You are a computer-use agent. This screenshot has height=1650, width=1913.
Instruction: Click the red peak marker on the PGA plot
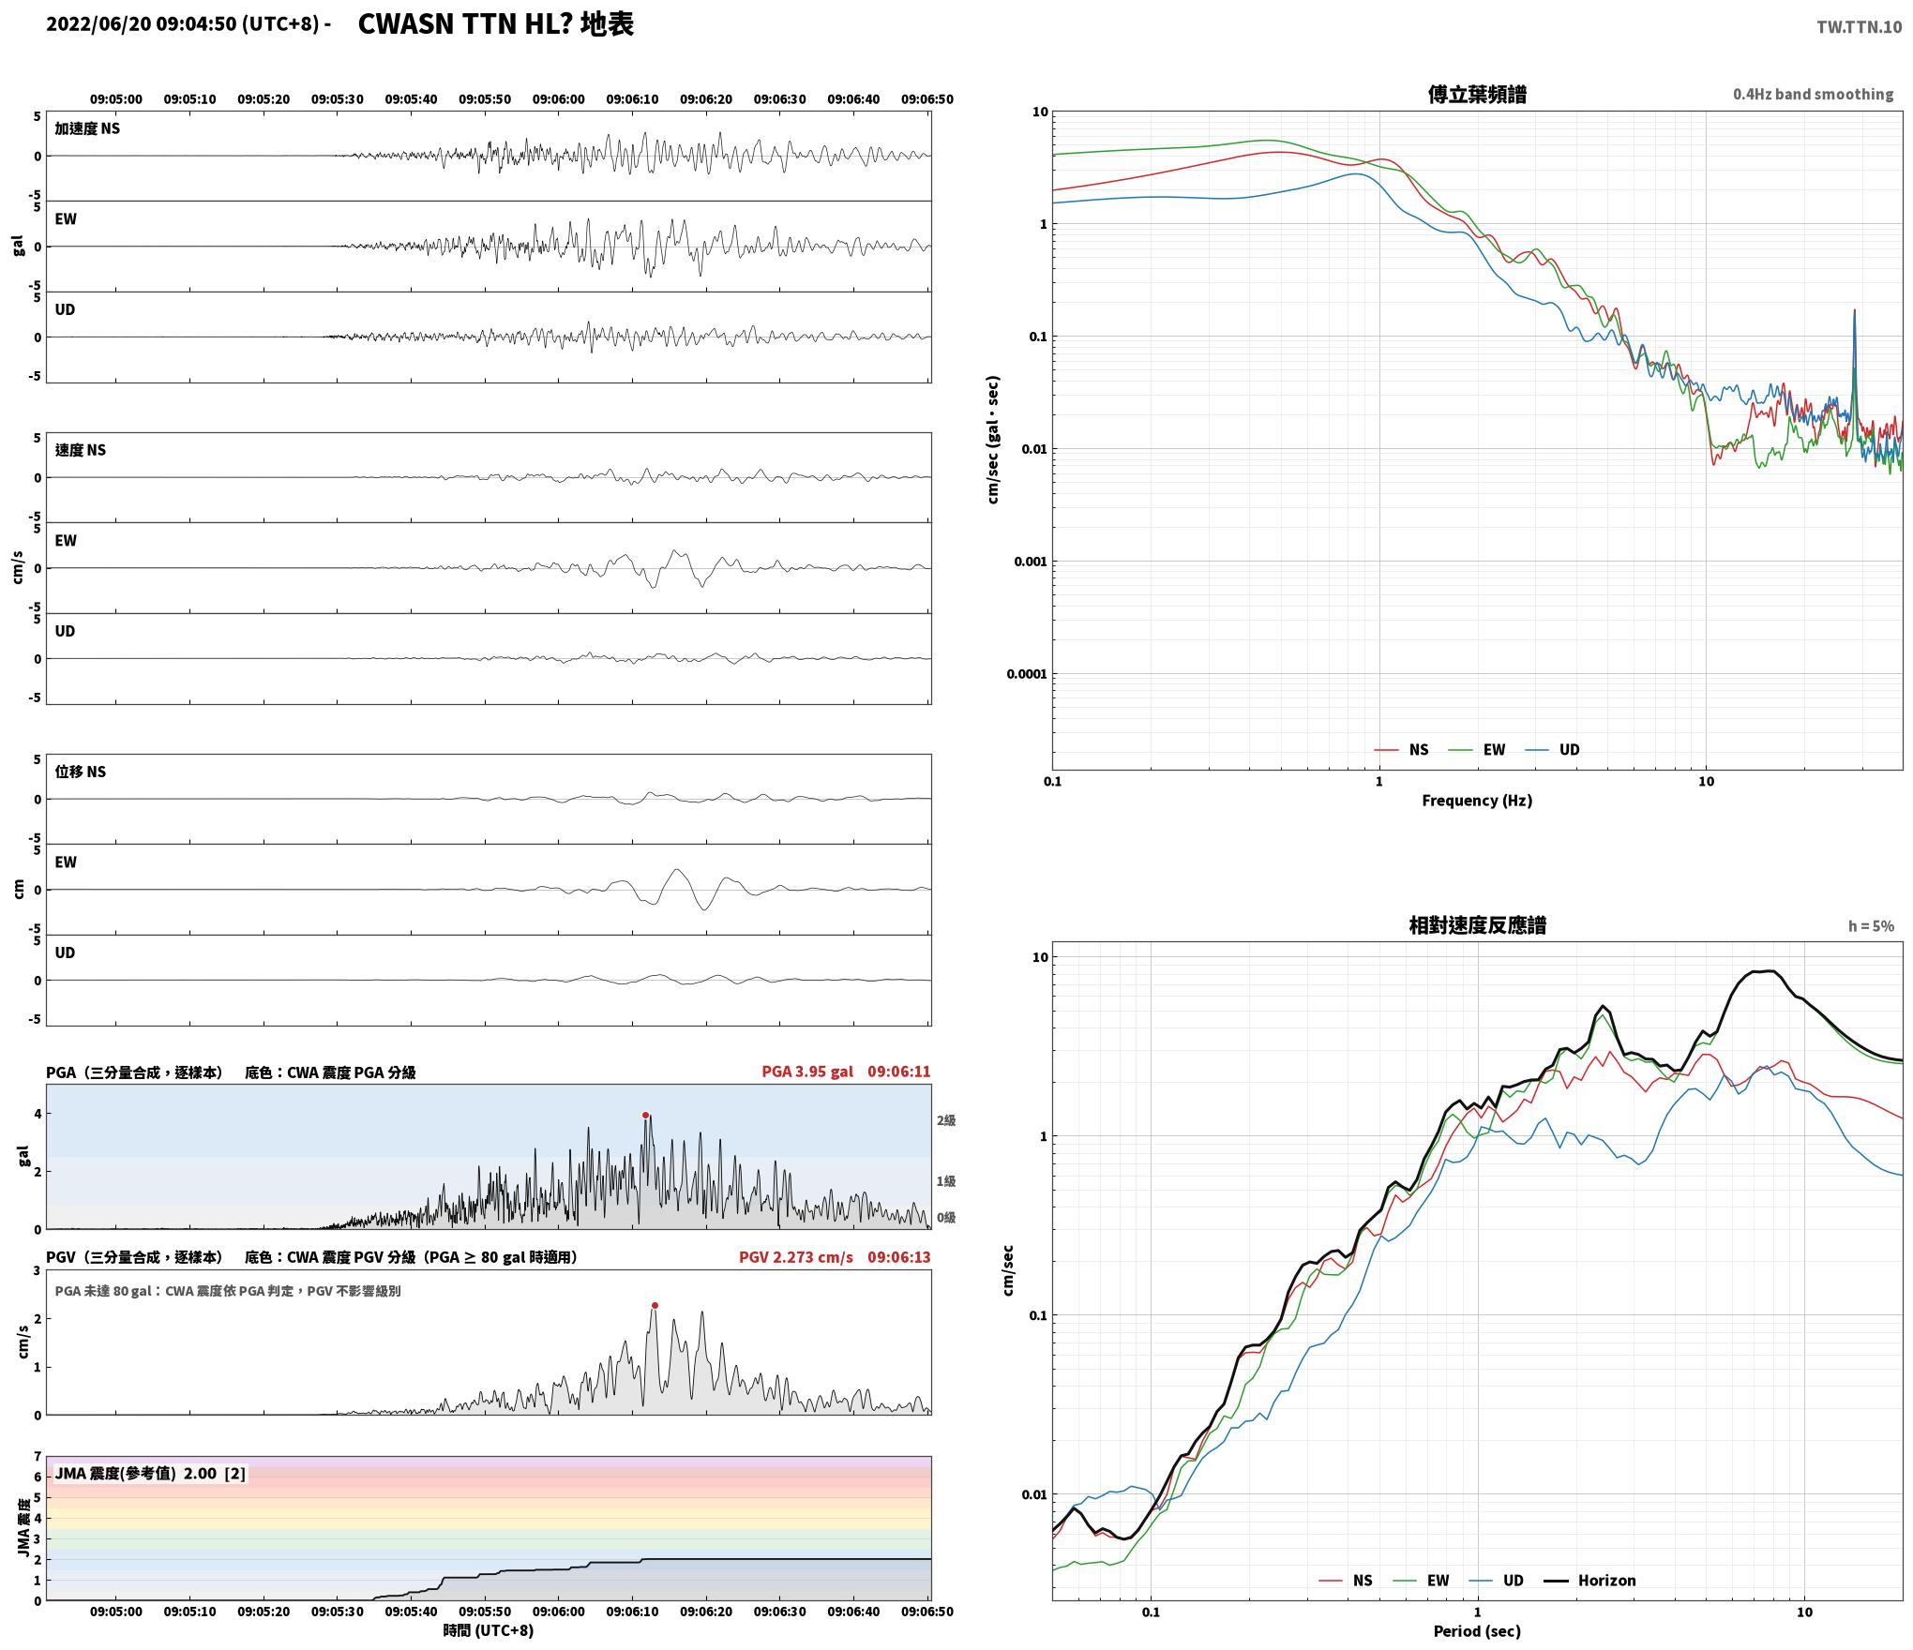645,1115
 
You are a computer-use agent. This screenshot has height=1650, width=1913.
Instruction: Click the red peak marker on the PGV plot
655,1305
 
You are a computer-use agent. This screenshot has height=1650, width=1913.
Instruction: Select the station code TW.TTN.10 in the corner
1860,27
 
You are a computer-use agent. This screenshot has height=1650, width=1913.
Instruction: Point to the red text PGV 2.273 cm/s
796,1257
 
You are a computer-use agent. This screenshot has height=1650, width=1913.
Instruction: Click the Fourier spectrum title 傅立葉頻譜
1477,95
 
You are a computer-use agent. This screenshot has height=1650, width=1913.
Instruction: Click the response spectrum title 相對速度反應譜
1477,925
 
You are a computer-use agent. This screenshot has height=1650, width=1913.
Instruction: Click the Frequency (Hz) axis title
1477,801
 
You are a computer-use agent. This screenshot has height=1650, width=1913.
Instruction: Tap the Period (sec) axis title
1477,1632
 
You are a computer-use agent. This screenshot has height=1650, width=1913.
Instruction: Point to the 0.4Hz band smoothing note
1813,95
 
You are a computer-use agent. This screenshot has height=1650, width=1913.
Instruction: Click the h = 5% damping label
1871,926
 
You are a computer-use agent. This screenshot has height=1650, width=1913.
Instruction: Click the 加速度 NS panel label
87,128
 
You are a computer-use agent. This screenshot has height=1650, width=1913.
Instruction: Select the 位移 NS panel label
81,772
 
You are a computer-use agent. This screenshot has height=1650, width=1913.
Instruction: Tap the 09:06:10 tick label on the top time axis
632,99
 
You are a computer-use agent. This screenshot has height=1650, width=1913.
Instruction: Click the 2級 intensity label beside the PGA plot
946,1120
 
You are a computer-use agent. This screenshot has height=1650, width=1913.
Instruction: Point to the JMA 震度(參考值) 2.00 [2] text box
150,1474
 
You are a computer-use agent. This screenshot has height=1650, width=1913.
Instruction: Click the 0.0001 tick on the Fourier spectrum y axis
1027,674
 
